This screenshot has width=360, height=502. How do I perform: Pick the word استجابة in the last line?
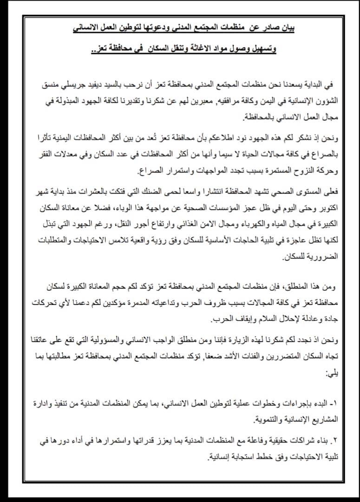tap(241, 457)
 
